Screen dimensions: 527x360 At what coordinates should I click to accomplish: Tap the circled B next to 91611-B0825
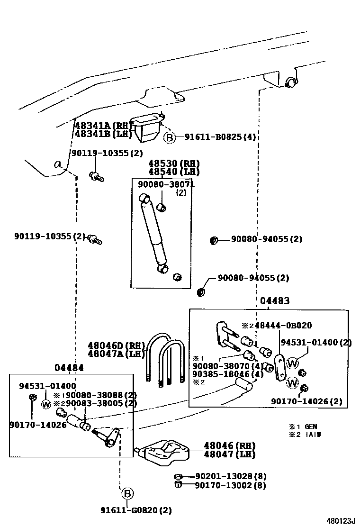tap(169, 138)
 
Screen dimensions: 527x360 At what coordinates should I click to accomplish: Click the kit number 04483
tap(275, 301)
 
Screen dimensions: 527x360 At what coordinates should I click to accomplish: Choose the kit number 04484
tap(69, 367)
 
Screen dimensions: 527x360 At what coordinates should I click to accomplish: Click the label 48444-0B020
tap(283, 326)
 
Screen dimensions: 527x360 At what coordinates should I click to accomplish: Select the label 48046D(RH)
tap(116, 345)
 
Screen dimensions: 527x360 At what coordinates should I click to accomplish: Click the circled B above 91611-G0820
tap(127, 493)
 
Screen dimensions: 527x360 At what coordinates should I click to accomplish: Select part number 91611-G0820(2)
tap(136, 510)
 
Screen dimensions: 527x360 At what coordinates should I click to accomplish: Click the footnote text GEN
tap(311, 427)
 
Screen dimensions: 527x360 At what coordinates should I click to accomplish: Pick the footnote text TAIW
tap(313, 435)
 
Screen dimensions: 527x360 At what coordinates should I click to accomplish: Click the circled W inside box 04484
tap(46, 404)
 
